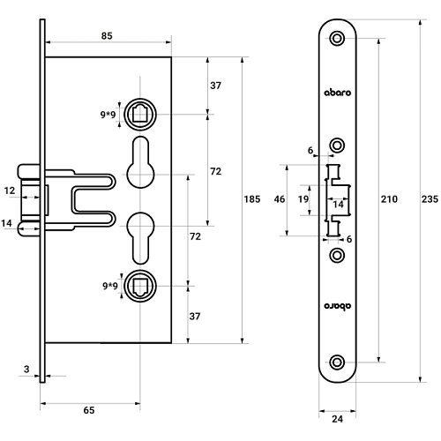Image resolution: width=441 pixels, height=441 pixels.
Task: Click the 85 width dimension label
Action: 107,36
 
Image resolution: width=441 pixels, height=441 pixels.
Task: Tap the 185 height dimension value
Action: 252,199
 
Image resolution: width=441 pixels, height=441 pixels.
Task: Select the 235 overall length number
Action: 430,199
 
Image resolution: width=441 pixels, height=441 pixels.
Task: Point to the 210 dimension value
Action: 389,199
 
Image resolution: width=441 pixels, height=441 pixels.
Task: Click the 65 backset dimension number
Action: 89,410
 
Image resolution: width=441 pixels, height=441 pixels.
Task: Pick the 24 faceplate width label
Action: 337,419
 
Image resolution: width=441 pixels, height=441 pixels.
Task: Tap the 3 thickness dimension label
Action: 26,369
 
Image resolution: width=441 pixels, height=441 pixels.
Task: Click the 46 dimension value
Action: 280,199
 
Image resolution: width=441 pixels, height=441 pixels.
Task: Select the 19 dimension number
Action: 303,199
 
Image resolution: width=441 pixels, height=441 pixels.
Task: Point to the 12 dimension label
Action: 10,191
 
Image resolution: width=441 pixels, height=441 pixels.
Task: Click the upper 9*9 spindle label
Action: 108,115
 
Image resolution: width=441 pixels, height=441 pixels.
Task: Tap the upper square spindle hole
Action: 140,114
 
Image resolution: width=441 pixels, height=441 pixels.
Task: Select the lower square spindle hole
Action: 140,286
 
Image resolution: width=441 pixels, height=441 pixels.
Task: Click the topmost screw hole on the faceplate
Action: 337,38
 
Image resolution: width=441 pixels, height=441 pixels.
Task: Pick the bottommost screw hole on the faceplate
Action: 337,363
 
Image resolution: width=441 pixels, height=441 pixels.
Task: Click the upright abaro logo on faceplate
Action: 338,93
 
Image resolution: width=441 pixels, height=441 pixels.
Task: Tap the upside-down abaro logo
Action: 338,306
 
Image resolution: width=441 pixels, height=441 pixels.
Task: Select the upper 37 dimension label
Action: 215,86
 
